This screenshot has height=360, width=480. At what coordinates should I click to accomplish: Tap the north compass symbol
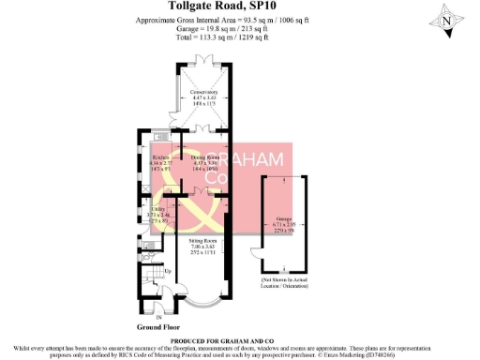click(x=449, y=20)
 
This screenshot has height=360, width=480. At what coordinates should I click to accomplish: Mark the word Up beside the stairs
click(x=168, y=272)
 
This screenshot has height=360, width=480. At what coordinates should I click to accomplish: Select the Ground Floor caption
click(x=158, y=328)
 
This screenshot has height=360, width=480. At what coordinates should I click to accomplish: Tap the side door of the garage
click(x=255, y=254)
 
